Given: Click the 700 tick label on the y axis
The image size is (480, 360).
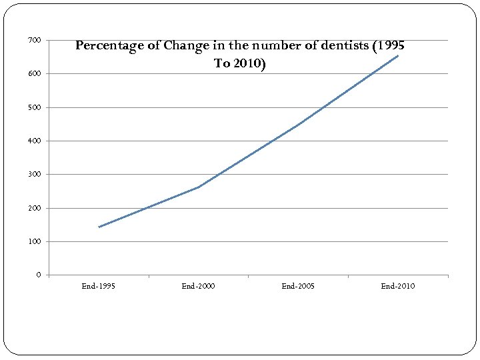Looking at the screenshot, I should tap(34, 41).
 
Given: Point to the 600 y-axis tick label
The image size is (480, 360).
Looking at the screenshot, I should tap(34, 74).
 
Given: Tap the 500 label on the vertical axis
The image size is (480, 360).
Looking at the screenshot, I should tap(34, 107).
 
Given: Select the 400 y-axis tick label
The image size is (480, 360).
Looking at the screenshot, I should tap(34, 141).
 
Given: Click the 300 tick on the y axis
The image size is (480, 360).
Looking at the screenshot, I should tap(34, 175).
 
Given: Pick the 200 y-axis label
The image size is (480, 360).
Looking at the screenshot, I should tap(34, 208).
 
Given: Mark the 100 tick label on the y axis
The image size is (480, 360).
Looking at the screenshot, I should tap(34, 241).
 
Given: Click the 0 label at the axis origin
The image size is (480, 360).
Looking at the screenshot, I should tap(38, 275).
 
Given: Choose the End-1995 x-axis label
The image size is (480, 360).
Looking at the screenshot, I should tap(98, 286).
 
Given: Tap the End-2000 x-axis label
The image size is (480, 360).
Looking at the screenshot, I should tap(198, 286).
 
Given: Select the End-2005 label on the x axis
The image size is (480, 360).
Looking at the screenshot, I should tap(298, 286).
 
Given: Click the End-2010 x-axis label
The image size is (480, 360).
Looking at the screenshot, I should tap(398, 286).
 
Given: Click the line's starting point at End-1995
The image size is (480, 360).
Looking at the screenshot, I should tap(99, 227).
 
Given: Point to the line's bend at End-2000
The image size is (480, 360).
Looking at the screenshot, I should tap(199, 187).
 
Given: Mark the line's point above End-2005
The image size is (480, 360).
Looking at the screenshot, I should tap(299, 124).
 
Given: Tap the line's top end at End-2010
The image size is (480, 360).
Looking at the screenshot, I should tap(398, 55).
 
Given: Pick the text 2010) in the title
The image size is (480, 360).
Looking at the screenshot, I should tap(249, 63).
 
